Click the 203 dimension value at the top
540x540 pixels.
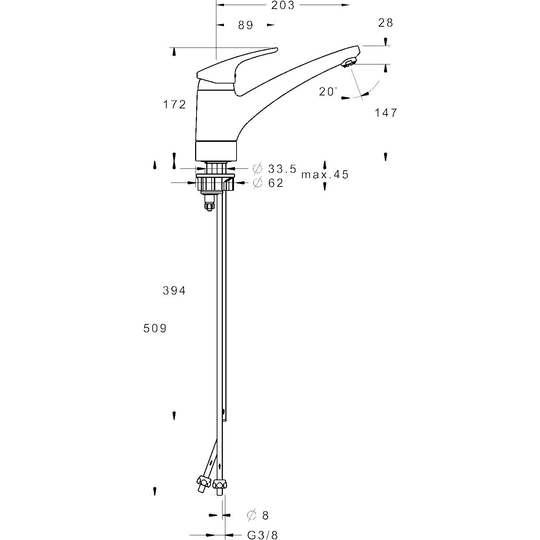tap(283, 5)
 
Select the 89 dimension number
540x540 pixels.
tap(246, 25)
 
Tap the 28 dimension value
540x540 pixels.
tap(386, 23)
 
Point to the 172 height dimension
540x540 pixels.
tap(175, 104)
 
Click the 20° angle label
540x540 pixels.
tap(328, 91)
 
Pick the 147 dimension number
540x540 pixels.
tap(386, 113)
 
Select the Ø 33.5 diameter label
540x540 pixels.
tap(275, 168)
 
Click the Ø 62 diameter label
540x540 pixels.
tap(269, 183)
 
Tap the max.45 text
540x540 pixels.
tap(325, 175)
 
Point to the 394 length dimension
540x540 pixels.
tap(175, 291)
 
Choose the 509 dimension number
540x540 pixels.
tap(155, 329)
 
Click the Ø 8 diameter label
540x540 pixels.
tap(258, 516)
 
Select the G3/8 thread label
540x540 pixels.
tap(263, 535)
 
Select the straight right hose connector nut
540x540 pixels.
tap(220, 483)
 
